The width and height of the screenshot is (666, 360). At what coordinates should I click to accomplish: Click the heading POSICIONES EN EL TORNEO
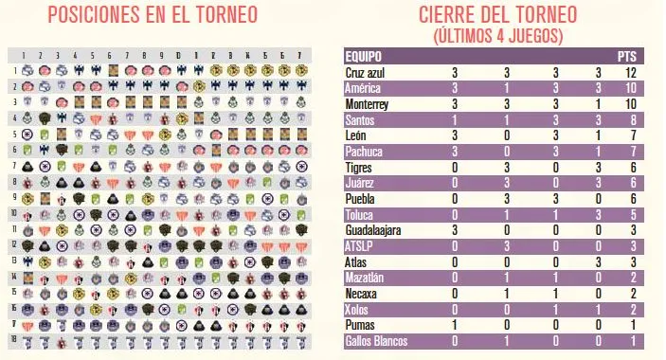pyautogui.click(x=160, y=16)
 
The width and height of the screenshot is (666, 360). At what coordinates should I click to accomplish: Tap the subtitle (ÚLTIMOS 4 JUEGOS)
pyautogui.click(x=499, y=36)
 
